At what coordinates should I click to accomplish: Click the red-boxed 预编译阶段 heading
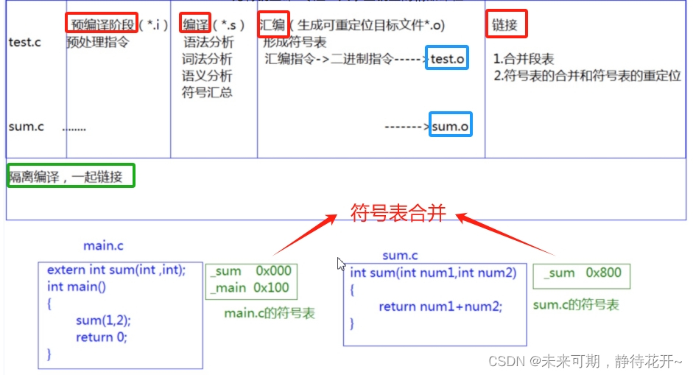[102, 25]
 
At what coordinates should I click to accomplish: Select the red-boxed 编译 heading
[194, 25]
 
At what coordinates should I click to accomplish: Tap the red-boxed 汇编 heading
[273, 25]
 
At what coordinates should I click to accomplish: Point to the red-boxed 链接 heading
[506, 25]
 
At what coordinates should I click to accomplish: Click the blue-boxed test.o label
[448, 58]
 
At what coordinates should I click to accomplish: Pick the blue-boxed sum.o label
[449, 127]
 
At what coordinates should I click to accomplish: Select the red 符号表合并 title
[397, 214]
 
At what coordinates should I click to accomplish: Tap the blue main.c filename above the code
[103, 245]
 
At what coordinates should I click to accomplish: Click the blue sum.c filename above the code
[400, 255]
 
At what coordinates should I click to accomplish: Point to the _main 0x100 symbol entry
[250, 288]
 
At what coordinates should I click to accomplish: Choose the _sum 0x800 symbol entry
[582, 273]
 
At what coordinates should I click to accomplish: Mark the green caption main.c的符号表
[270, 313]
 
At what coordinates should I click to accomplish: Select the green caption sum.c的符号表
[575, 305]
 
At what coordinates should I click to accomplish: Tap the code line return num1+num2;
[440, 306]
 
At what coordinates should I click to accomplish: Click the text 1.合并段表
[524, 59]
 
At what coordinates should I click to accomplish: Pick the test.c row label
[24, 42]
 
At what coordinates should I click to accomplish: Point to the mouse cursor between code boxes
[341, 264]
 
